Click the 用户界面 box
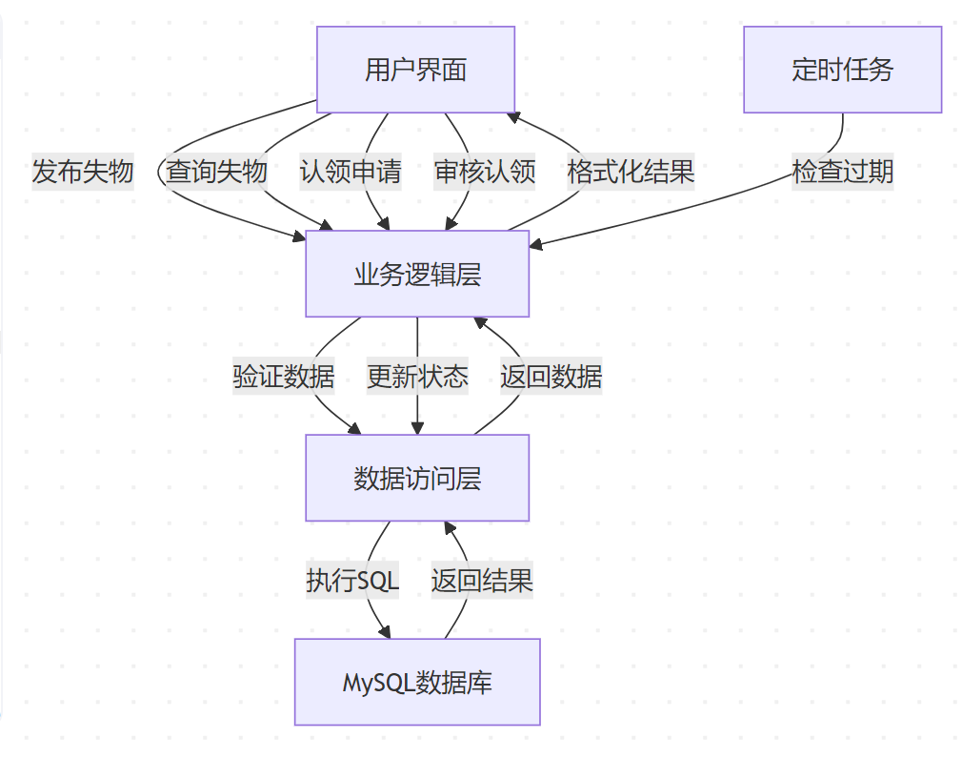tap(415, 70)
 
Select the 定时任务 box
tap(842, 70)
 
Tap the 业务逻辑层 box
tap(417, 274)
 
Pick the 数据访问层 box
tap(417, 478)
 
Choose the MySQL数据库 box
tap(417, 682)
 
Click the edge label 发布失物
tap(83, 172)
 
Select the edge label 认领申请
tap(351, 172)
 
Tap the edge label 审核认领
tap(485, 172)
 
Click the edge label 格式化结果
tap(631, 172)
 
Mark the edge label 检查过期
tap(842, 172)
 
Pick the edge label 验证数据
tap(284, 376)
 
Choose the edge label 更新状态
tap(417, 376)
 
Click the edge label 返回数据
tap(551, 376)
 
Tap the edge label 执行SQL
tap(351, 580)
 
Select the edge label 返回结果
tap(482, 580)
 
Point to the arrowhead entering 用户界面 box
tap(512, 117)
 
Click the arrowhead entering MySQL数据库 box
tap(387, 633)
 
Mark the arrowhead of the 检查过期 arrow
tap(535, 246)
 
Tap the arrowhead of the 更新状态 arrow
tap(417, 429)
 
